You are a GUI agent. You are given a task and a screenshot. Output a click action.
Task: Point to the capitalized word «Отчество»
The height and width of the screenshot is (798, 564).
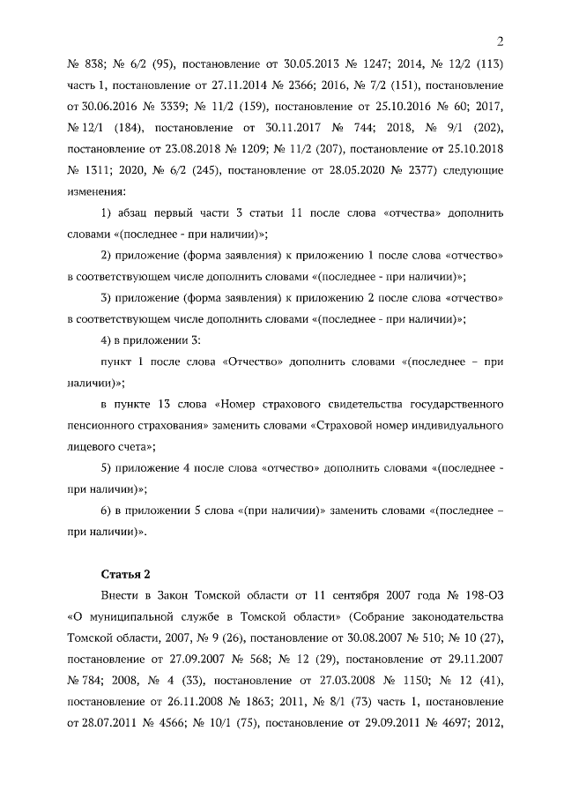coord(252,362)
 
